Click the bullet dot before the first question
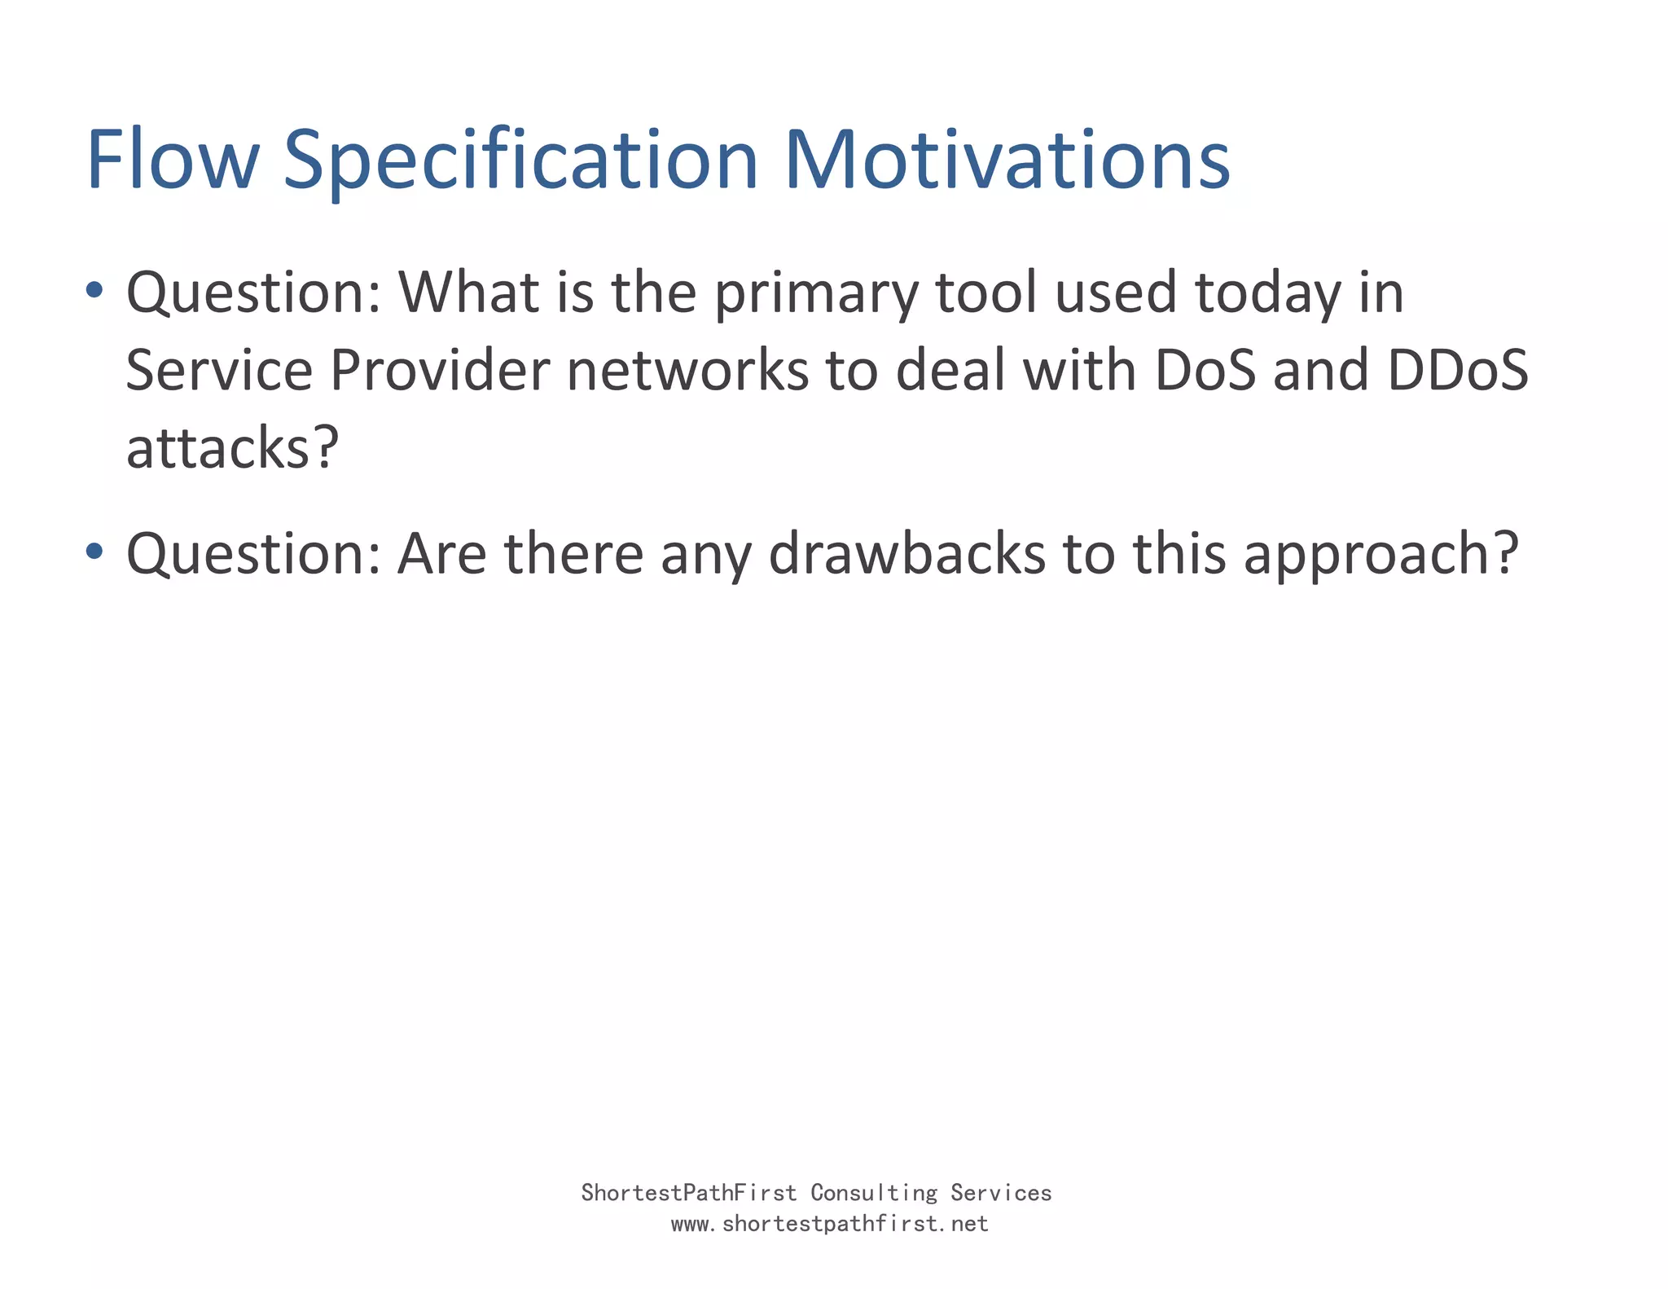[x=94, y=289]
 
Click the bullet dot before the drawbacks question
[x=94, y=552]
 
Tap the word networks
[x=687, y=371]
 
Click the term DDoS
[x=1457, y=371]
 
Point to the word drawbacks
[x=906, y=553]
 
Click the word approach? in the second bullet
[x=1380, y=555]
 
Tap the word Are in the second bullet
[x=441, y=553]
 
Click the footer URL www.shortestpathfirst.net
[x=829, y=1224]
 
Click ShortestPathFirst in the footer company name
[x=688, y=1193]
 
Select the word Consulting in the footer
[x=874, y=1193]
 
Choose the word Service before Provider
[x=219, y=371]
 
